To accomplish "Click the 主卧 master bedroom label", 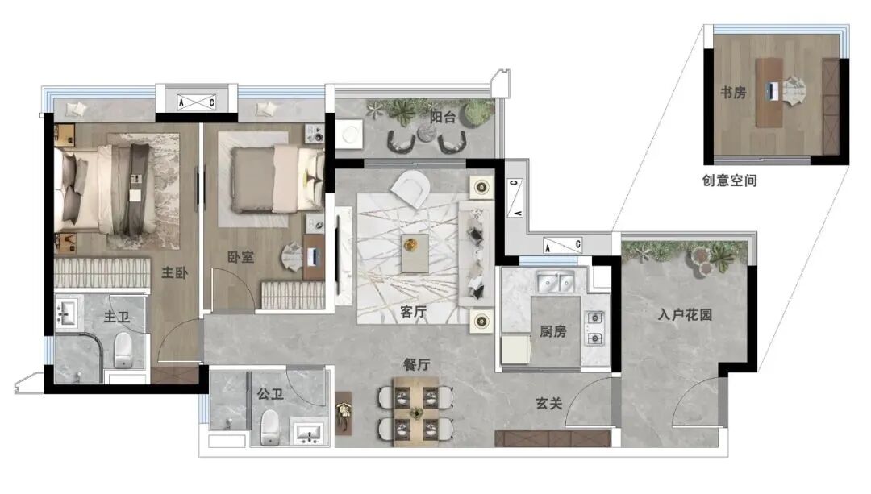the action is coord(175,272).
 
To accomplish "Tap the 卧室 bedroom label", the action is coord(240,257).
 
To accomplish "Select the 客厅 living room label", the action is coord(413,312).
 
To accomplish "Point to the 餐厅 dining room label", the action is coord(417,365).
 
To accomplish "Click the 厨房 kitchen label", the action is coord(553,331).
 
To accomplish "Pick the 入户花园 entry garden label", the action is coord(685,315).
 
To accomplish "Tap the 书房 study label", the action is coord(733,92).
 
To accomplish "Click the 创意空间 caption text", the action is coord(729,181).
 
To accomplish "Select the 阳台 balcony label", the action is coord(443,117).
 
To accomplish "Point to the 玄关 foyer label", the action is coord(549,404).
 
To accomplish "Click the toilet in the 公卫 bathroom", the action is coord(270,428).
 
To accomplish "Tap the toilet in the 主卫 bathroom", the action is coord(123,350).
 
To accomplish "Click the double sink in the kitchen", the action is coord(554,283).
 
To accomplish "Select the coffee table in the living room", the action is coord(415,254).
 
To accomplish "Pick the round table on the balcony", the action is coord(427,132).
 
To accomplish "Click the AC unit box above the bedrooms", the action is coord(196,102).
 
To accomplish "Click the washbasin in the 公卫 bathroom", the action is coord(309,433).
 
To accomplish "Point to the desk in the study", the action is coord(769,92).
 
